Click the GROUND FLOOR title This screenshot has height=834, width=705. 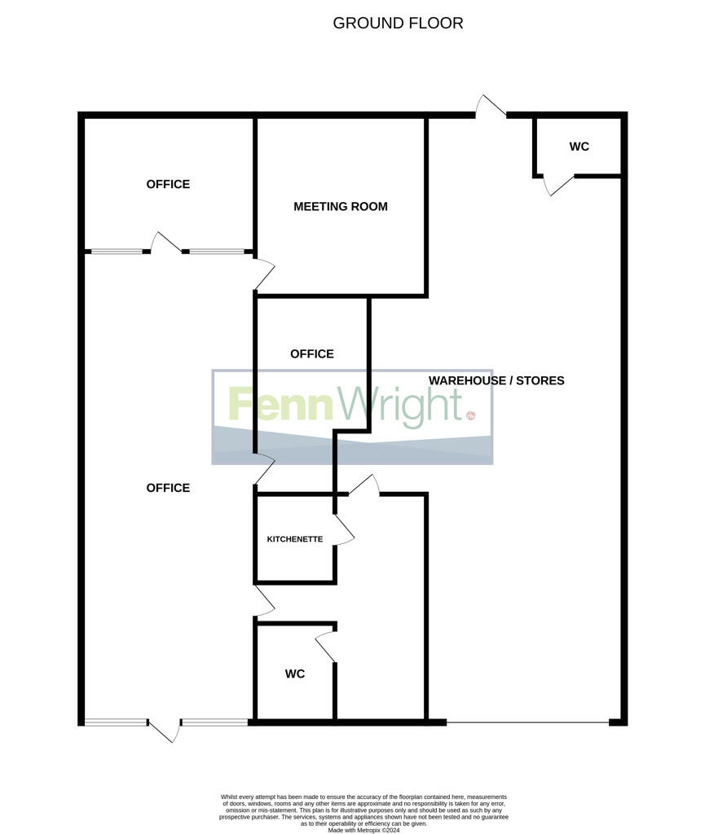(398, 23)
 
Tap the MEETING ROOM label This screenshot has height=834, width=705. (341, 207)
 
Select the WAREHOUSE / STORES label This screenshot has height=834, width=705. (496, 380)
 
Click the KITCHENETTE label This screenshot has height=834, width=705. (295, 539)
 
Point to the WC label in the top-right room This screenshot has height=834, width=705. (579, 147)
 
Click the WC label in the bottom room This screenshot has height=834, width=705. (295, 674)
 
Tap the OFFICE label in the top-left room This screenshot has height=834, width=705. (168, 184)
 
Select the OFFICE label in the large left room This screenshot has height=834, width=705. (168, 488)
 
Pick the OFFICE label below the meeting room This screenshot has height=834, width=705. (312, 353)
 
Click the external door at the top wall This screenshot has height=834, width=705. (491, 108)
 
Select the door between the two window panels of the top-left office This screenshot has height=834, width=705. (166, 243)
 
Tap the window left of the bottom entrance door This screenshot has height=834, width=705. (116, 722)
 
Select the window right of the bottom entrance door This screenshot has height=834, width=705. (214, 722)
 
